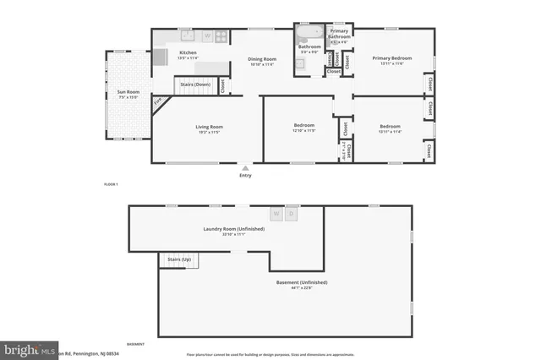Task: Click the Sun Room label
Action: [x=128, y=91]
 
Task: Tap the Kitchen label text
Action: [x=188, y=53]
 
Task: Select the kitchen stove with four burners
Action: [x=221, y=35]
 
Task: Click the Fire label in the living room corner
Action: [x=158, y=103]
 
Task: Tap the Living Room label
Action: [x=209, y=127]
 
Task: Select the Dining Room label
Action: [x=262, y=58]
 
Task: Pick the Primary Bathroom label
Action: [x=339, y=34]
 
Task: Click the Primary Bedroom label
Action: [x=390, y=57]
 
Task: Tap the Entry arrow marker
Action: [x=246, y=168]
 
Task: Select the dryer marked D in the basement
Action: [x=292, y=214]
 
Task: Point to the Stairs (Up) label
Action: [x=179, y=259]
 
